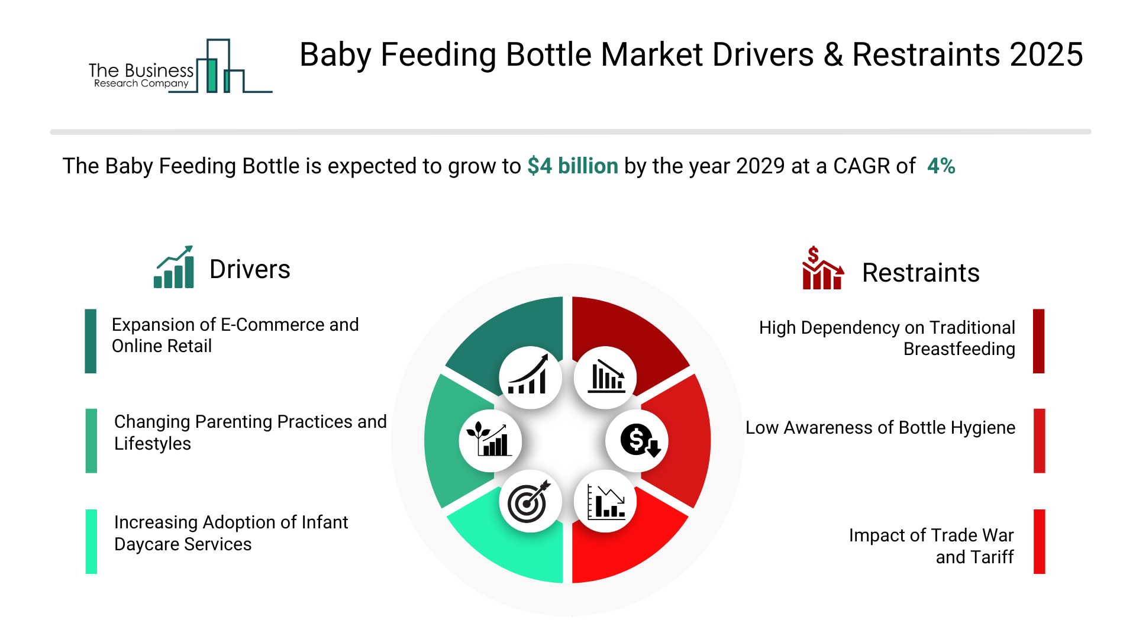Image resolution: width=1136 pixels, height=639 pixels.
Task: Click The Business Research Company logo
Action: coord(180,66)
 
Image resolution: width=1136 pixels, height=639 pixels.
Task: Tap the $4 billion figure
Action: coord(573,166)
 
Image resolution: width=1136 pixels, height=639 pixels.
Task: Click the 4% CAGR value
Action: coord(941,166)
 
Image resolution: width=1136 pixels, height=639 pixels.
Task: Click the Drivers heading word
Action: coord(250,269)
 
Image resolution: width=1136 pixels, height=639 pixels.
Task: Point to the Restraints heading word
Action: coord(921,273)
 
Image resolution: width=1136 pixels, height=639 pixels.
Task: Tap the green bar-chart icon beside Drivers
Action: coord(173,267)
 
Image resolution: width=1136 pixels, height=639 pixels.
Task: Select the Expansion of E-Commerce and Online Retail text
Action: coord(235,335)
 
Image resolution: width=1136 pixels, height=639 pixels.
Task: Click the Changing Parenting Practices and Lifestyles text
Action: coord(250,433)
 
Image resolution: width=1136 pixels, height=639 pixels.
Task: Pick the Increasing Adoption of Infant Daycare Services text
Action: coord(231,533)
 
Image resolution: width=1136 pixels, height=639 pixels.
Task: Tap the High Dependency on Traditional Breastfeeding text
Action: coord(887,338)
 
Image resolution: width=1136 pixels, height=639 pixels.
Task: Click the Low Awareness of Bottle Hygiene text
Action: coord(880,427)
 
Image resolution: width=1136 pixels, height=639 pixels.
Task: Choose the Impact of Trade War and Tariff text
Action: coord(931,546)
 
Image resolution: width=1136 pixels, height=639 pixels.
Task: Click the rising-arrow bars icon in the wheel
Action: coord(528,375)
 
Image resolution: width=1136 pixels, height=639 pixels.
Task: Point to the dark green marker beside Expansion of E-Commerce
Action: coord(91,341)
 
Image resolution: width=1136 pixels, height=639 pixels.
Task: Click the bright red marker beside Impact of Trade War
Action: coord(1040,541)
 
